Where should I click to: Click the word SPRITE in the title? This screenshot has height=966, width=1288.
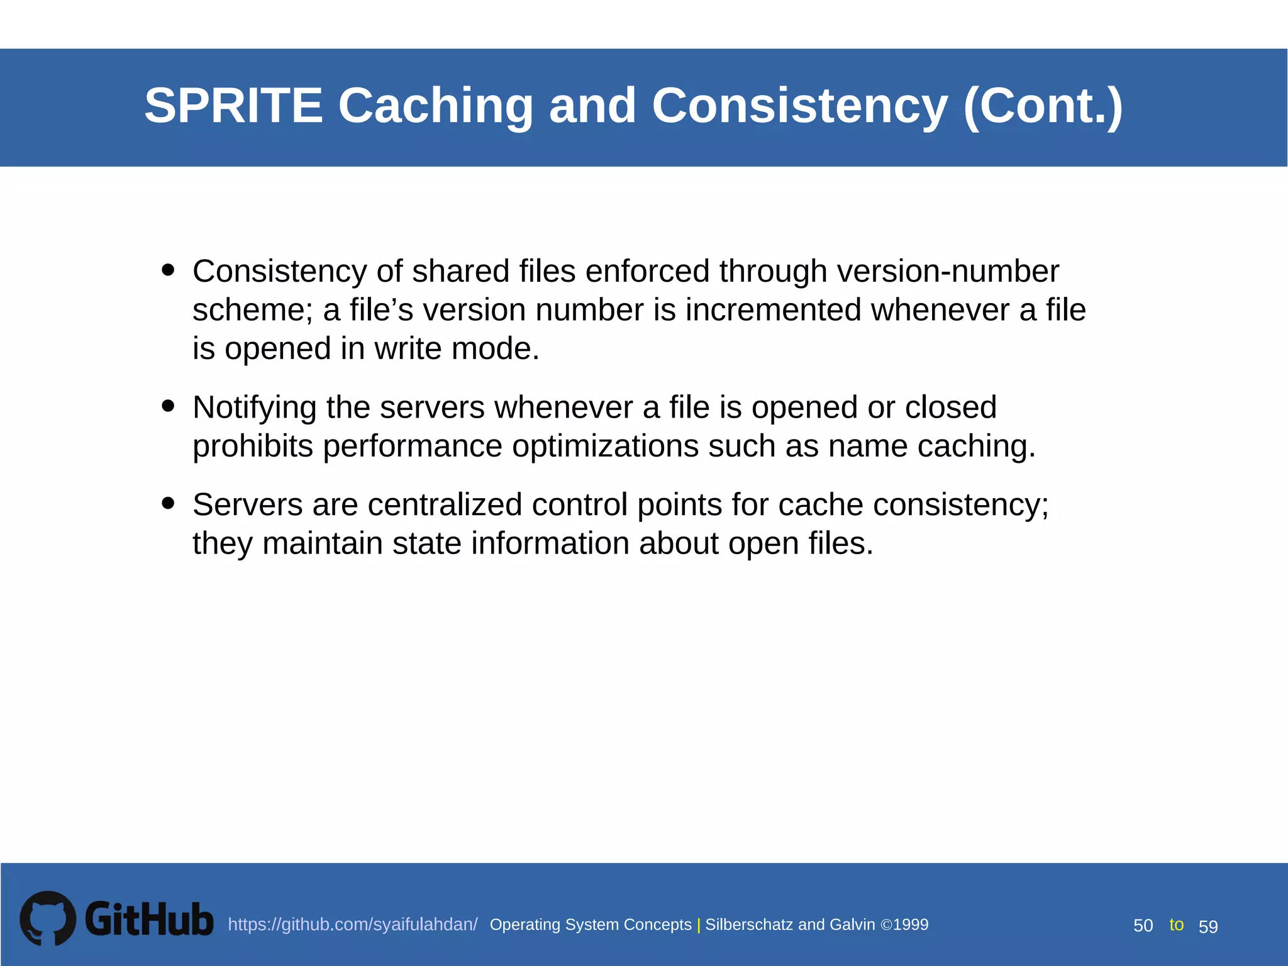pos(233,105)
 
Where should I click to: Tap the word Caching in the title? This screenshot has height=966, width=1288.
pos(435,105)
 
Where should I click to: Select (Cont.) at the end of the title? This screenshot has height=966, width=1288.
pos(1042,105)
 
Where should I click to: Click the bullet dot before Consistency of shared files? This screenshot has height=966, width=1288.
pos(167,270)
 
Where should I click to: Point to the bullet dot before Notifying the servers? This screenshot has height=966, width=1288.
pos(167,406)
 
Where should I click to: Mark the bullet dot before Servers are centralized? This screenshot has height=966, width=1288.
pos(167,503)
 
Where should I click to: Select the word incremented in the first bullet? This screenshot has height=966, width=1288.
pos(773,310)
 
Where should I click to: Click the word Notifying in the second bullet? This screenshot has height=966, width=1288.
pos(254,408)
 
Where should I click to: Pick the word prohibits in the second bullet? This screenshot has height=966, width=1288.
pos(252,446)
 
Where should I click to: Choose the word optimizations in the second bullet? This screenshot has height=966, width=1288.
pos(604,446)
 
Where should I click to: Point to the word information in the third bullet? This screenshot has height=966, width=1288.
pos(550,543)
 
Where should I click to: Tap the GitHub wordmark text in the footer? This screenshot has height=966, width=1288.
pos(149,919)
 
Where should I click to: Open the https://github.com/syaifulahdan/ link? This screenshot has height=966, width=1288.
pos(352,924)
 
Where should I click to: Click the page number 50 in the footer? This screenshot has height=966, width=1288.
pos(1143,926)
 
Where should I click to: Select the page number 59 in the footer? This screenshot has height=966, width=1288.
pos(1208,926)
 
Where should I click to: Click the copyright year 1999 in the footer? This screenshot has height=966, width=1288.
pos(911,924)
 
